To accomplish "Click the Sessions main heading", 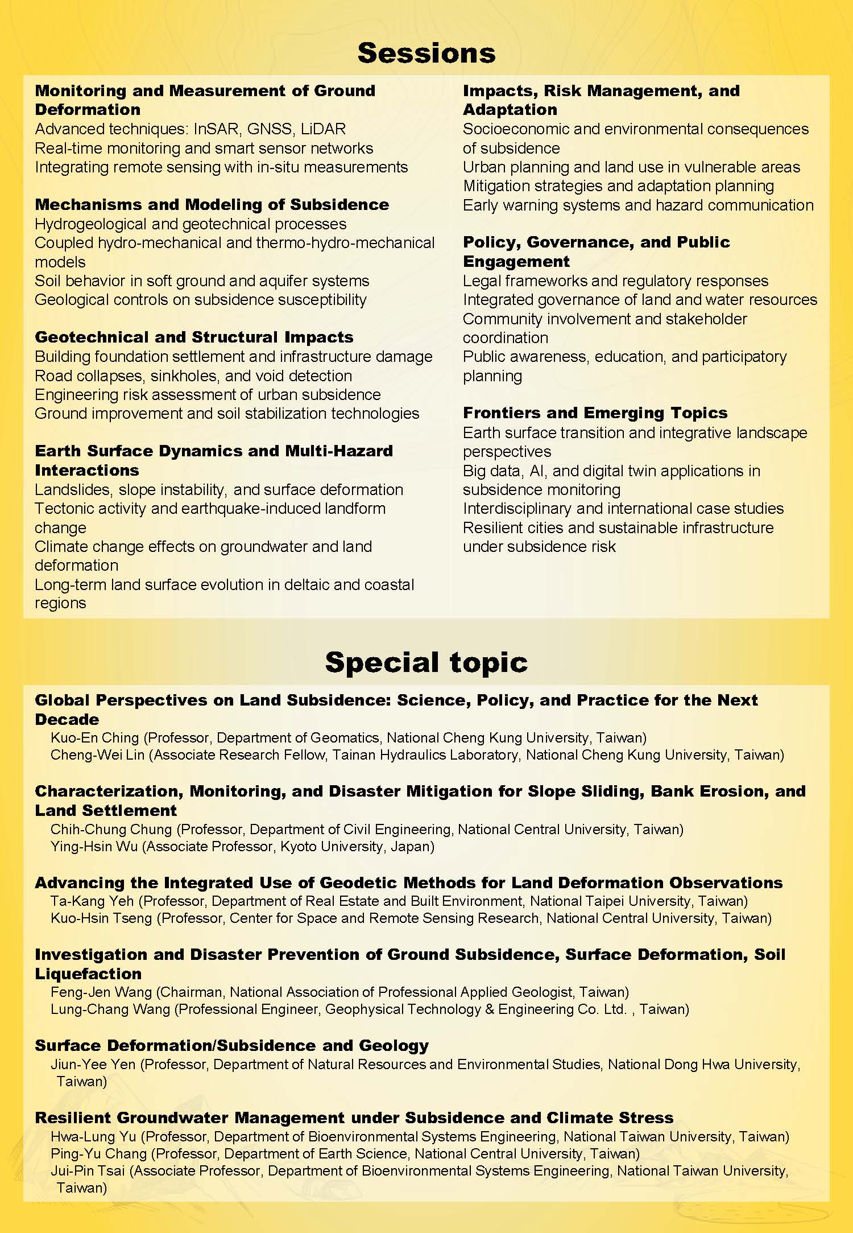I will [x=426, y=53].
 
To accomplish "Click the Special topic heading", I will [x=426, y=662].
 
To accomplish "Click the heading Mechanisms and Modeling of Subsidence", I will [x=212, y=205].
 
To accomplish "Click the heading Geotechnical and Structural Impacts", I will [x=194, y=337].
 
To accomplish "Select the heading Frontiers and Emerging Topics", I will [x=595, y=413].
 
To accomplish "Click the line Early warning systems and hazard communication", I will [x=637, y=205].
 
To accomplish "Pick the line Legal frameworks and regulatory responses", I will [x=615, y=281].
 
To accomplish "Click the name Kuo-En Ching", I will [x=94, y=738].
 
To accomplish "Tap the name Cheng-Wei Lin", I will [x=100, y=755].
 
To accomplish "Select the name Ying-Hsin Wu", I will [x=94, y=847].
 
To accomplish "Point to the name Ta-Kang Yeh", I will [x=92, y=901].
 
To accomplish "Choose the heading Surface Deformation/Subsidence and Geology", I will [x=231, y=1046].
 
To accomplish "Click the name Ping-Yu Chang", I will [x=98, y=1154].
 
